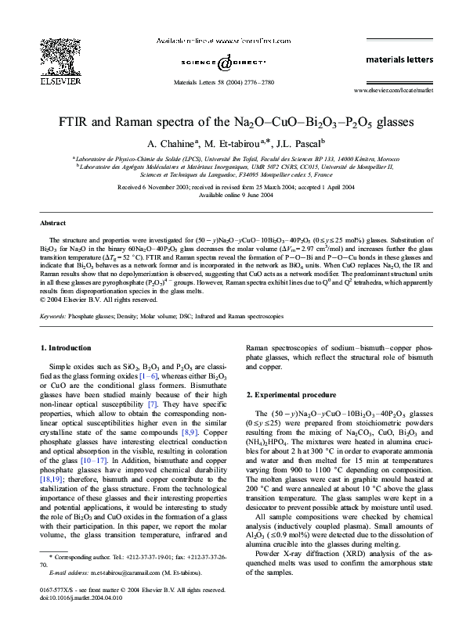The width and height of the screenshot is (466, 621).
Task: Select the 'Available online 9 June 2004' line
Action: pyautogui.click(x=233, y=195)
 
